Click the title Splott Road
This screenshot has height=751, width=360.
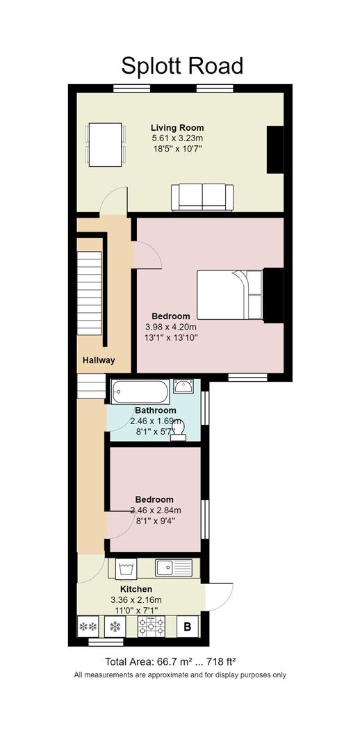(182, 65)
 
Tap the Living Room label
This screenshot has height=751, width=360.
(177, 128)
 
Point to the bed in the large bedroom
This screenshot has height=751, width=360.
(229, 294)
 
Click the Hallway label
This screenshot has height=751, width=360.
(99, 360)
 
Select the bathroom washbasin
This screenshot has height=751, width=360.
(183, 387)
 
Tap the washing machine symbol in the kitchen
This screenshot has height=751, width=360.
(126, 568)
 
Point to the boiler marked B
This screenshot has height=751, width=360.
(186, 627)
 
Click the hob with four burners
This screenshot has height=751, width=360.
(151, 627)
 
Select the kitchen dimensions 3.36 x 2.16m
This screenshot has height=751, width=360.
(136, 600)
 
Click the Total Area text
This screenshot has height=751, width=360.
(174, 661)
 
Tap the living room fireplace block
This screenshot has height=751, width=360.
(275, 149)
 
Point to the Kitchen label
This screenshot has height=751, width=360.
(136, 589)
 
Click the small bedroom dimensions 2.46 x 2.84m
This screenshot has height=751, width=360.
(155, 510)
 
